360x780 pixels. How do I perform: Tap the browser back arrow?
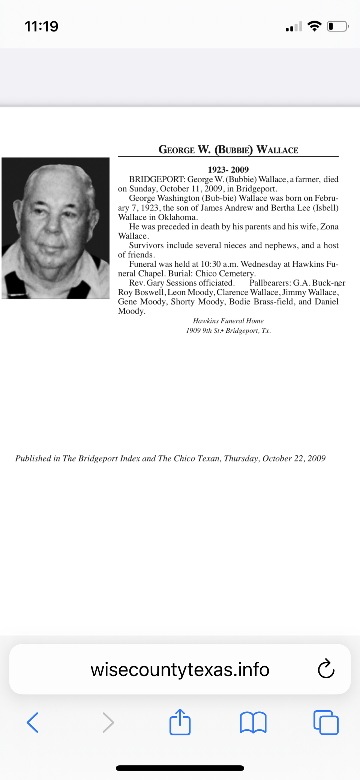[33, 722]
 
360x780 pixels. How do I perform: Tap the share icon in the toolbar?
[180, 721]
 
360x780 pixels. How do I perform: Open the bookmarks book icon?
[253, 722]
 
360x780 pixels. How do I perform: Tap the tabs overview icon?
[326, 722]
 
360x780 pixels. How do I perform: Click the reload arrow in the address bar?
[326, 669]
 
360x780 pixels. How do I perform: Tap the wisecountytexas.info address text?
[180, 669]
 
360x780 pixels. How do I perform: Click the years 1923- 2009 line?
[228, 170]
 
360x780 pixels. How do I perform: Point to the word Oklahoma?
[177, 217]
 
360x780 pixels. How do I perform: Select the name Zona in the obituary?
[329, 227]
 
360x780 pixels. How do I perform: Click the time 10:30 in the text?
[211, 264]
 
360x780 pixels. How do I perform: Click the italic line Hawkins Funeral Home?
[228, 321]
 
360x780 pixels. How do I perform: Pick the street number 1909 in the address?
[193, 331]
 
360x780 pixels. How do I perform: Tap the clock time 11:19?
[42, 26]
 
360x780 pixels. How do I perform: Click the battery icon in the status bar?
[337, 26]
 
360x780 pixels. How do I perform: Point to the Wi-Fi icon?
[314, 26]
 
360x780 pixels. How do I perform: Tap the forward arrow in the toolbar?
[108, 722]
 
